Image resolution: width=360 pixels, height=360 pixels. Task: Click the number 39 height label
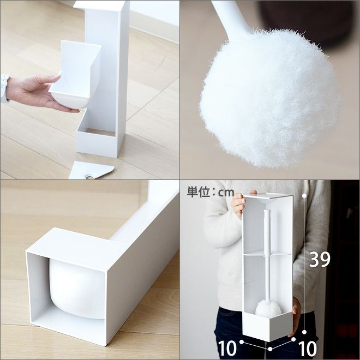(320, 259)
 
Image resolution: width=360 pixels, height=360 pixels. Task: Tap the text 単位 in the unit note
(198, 192)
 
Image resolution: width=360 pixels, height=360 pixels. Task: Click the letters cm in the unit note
(226, 193)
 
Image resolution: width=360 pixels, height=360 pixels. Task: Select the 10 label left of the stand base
(227, 349)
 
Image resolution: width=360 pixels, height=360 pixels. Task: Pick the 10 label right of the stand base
(308, 349)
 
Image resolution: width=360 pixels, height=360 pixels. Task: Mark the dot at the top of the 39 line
(304, 196)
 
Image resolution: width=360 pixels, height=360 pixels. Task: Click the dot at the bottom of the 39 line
(304, 332)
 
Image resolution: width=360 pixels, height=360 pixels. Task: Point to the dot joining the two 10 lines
(270, 349)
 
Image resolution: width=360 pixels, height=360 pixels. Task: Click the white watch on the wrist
(4, 88)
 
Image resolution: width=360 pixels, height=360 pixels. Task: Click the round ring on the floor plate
(89, 177)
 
